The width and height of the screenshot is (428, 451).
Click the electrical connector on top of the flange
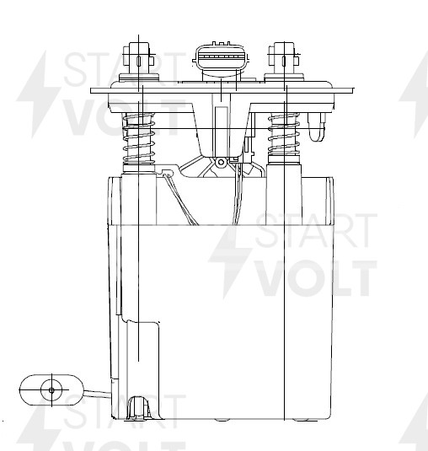220,61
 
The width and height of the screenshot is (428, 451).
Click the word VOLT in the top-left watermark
110,118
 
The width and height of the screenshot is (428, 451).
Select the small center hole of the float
51,390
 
